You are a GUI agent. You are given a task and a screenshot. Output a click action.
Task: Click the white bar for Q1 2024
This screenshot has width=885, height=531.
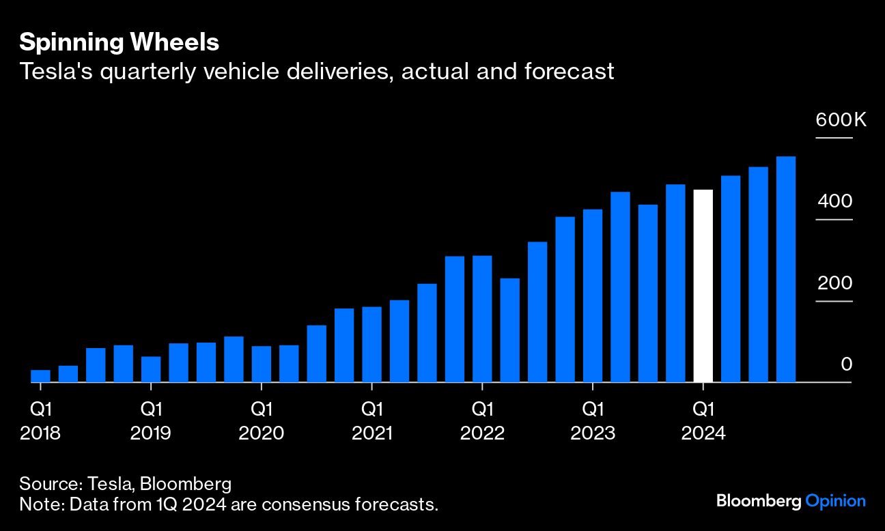tap(703, 286)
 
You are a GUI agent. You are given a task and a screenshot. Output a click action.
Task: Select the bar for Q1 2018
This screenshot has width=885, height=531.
tap(40, 376)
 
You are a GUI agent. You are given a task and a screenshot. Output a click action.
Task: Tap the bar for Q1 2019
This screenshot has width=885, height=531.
tap(151, 369)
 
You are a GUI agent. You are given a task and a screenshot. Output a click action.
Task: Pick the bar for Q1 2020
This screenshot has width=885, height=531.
tap(262, 364)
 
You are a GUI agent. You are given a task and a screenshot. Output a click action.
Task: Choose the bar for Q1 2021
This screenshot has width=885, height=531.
tap(371, 345)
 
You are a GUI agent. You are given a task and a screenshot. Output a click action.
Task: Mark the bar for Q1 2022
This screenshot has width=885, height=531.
tap(482, 319)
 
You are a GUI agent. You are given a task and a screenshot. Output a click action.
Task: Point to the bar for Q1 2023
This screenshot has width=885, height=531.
tap(593, 296)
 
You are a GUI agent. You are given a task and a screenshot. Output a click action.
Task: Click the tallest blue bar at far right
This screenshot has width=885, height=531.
tap(785, 270)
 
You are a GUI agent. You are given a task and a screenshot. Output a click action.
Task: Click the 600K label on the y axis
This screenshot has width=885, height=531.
tap(841, 121)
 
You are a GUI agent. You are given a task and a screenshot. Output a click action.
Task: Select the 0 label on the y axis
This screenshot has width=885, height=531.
tap(847, 364)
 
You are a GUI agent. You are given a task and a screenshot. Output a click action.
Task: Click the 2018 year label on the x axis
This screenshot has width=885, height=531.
tap(40, 433)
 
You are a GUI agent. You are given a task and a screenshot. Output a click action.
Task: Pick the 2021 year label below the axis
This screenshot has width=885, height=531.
tap(371, 433)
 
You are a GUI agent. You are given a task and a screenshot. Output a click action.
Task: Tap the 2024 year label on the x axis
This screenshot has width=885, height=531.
tap(703, 433)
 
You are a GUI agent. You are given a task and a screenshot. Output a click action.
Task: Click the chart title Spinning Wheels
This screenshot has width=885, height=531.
tap(119, 42)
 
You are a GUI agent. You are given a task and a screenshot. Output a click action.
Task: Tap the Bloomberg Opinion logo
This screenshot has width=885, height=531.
tap(791, 501)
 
